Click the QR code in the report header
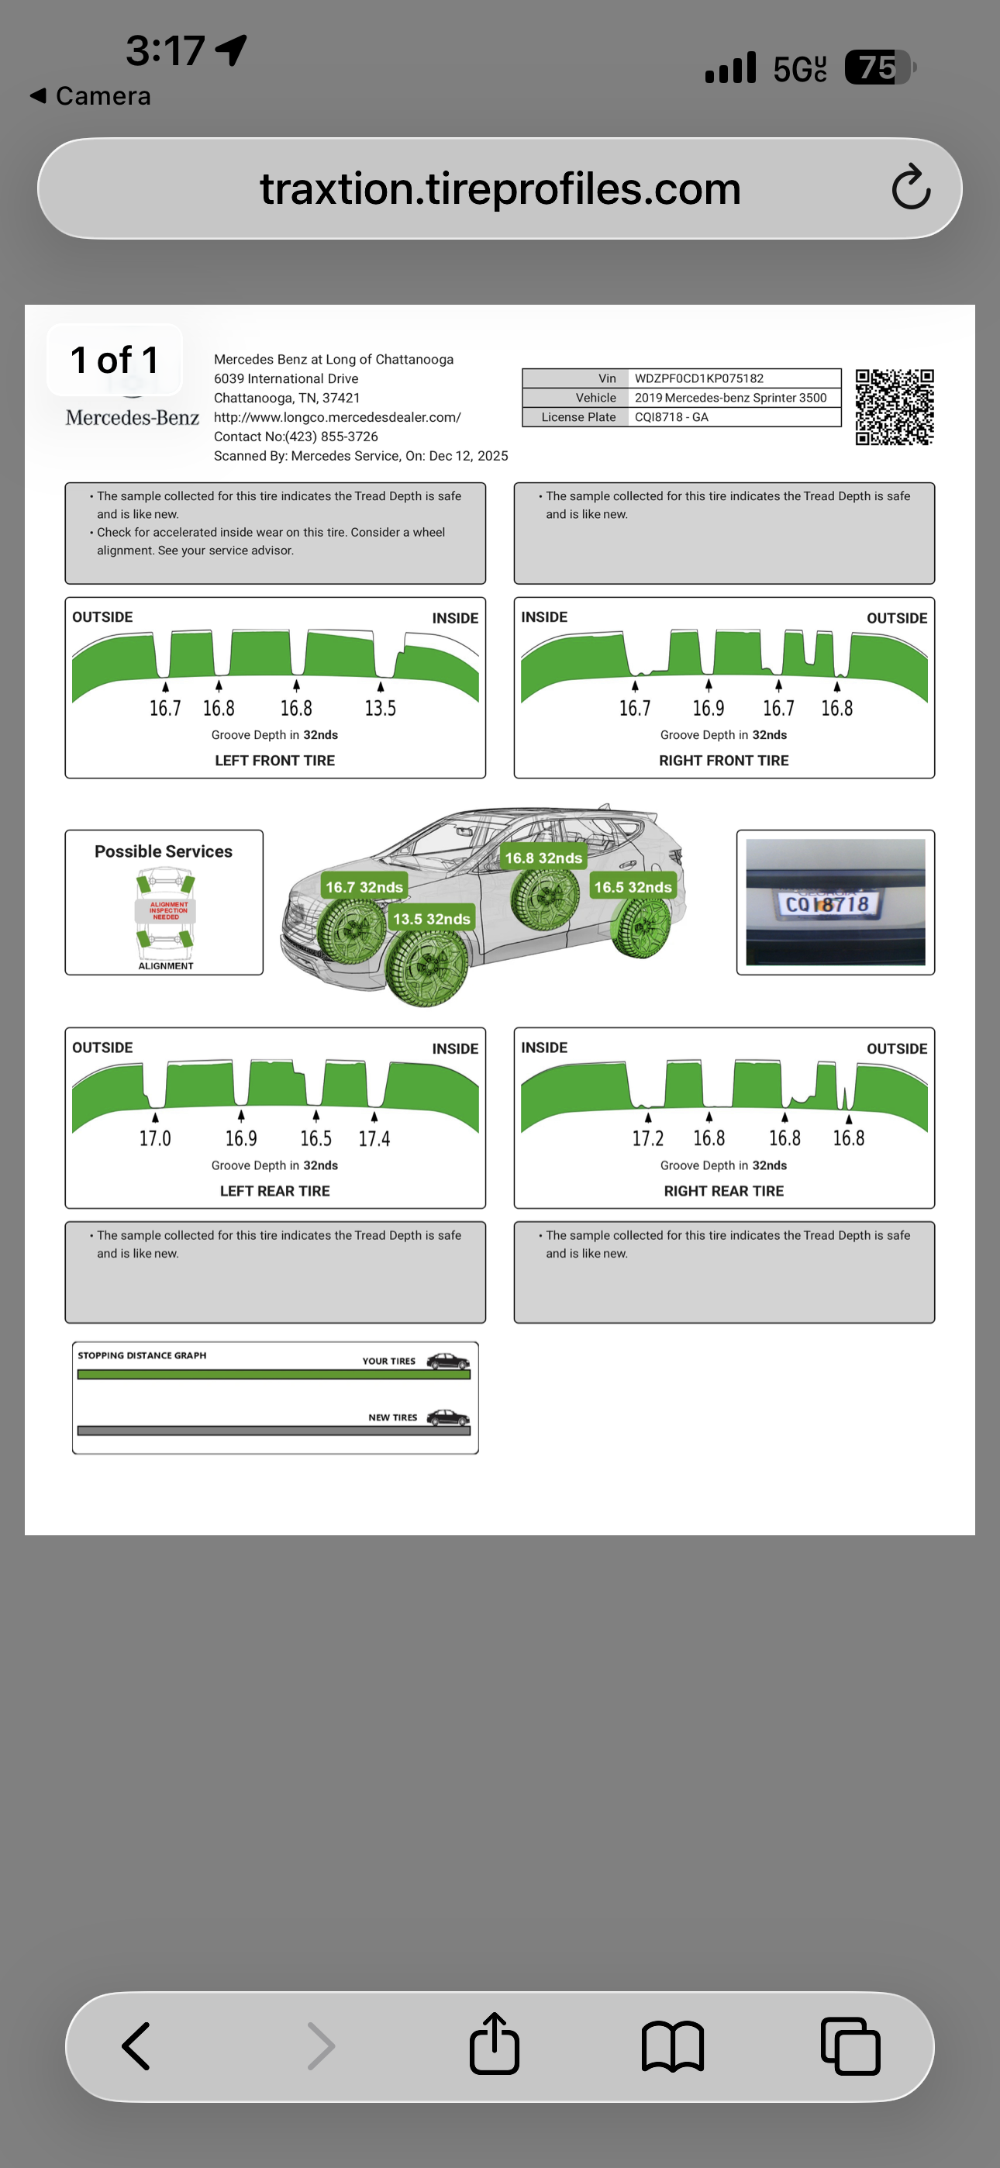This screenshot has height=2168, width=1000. coord(895,406)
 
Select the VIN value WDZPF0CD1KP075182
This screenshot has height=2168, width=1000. coord(698,378)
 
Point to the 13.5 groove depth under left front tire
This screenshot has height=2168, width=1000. coord(380,709)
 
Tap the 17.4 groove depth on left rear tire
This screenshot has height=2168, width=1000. coord(374,1139)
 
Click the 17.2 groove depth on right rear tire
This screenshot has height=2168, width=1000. coord(647,1139)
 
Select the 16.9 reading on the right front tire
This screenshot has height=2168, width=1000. coord(708,709)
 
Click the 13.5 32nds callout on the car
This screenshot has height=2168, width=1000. coord(431,918)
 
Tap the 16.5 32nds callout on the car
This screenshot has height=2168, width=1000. coord(633,886)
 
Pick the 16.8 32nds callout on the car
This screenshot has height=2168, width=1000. coord(543,858)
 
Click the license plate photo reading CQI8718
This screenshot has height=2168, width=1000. coord(835,903)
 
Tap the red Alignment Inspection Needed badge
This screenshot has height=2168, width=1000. coord(166,910)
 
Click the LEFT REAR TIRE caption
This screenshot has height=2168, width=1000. coord(274,1191)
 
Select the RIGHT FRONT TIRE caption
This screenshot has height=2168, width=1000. coord(724,761)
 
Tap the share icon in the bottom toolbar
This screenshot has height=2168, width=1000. coord(494,2043)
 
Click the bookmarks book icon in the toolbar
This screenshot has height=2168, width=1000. coord(673,2046)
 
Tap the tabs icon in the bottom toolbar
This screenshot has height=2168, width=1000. coord(850,2046)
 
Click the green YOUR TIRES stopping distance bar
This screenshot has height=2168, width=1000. coord(274,1374)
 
